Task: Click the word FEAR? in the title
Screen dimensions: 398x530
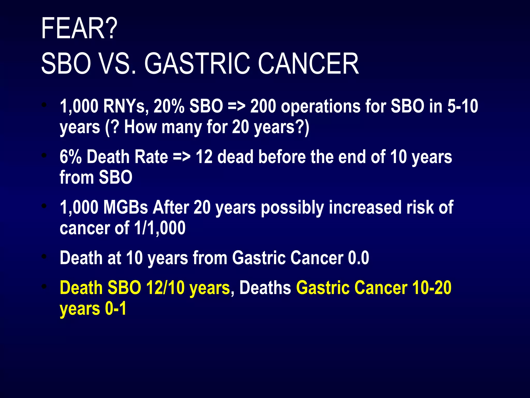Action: pos(79,28)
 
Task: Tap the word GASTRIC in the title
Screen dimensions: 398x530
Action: pos(197,63)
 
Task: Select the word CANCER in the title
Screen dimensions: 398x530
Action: pos(308,63)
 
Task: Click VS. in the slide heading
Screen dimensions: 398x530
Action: pos(118,63)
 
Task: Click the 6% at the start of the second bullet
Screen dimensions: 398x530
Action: pos(70,157)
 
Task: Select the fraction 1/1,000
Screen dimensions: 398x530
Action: pos(160,228)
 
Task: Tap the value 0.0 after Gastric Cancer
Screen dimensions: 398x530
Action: pos(358,258)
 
